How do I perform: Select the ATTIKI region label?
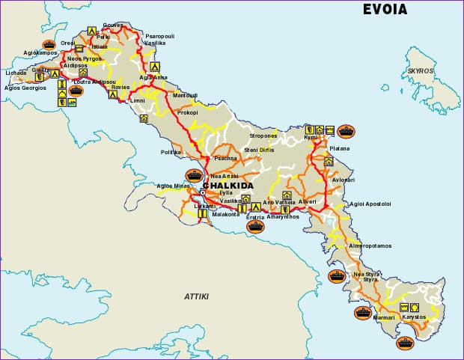197,296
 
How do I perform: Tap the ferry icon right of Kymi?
345,130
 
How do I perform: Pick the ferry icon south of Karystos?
405,344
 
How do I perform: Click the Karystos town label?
414,317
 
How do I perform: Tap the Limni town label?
138,100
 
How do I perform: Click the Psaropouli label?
159,35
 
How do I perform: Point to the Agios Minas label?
169,185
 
